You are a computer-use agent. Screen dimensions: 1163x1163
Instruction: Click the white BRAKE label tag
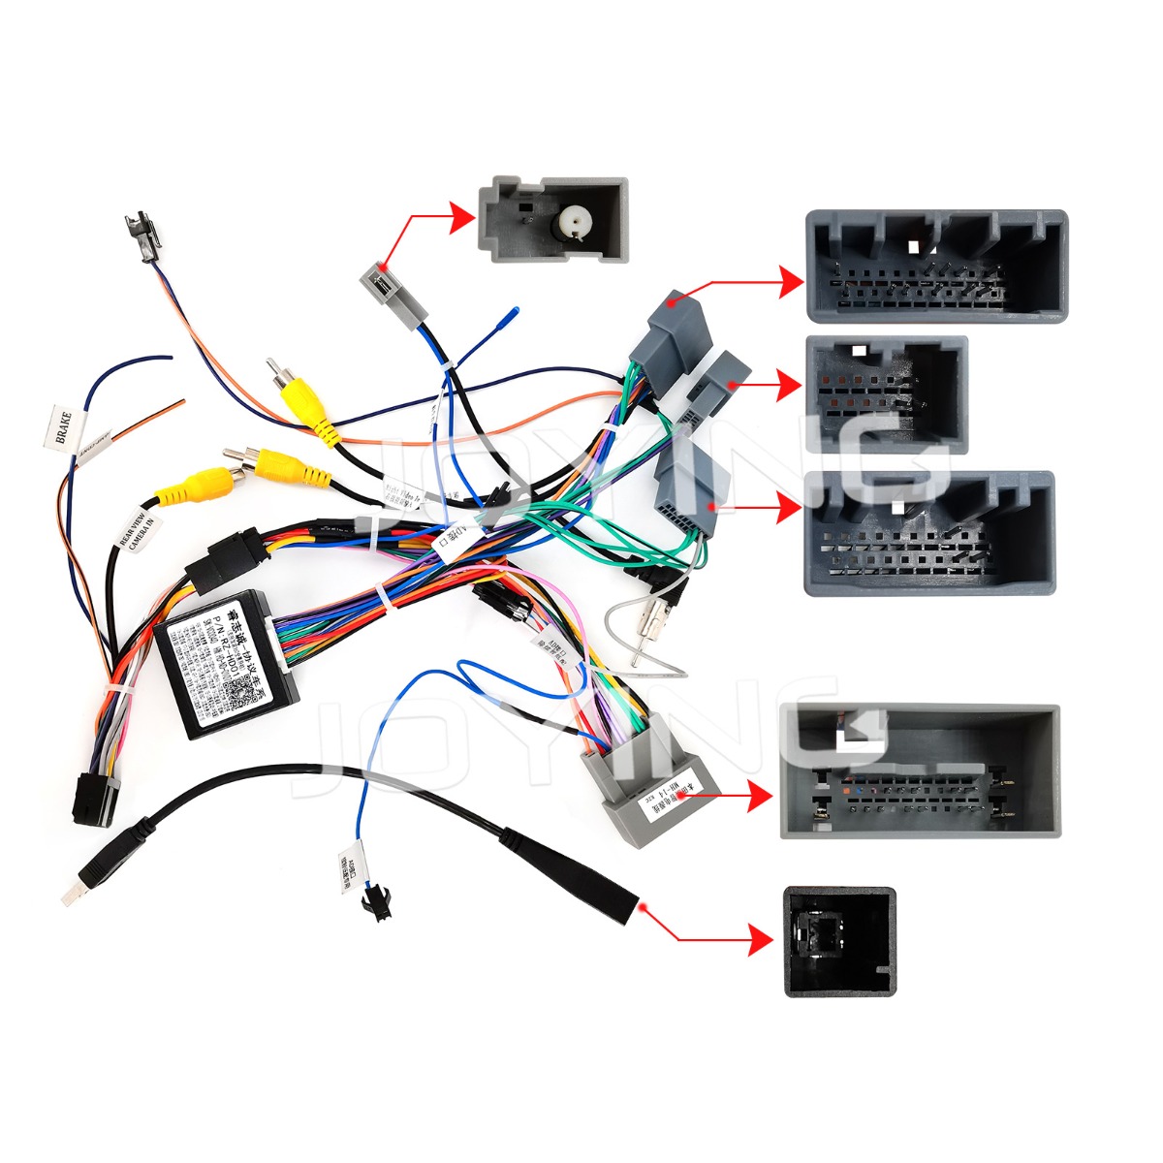tap(61, 428)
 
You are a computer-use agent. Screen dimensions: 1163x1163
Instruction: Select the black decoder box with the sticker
tap(226, 663)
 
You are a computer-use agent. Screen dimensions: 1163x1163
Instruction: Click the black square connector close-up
tap(839, 941)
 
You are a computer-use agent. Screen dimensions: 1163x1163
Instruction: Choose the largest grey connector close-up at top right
tap(936, 267)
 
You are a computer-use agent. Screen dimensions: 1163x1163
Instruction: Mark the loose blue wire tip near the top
tap(512, 313)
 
